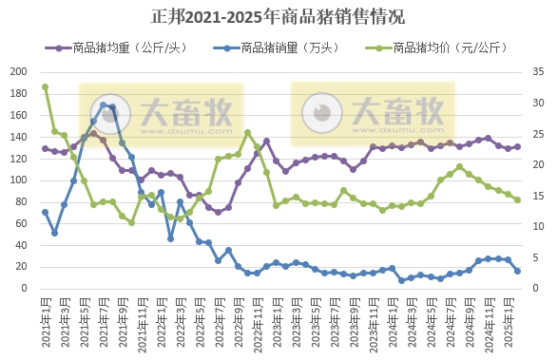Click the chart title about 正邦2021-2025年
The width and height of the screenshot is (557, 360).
278,16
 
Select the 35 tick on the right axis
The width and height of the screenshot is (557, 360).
536,71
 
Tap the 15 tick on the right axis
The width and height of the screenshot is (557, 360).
536,195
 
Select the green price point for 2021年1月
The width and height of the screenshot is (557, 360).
45,87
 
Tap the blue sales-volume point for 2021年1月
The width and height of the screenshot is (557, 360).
45,212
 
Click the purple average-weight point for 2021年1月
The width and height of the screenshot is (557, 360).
45,148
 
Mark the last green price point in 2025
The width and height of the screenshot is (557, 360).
517,199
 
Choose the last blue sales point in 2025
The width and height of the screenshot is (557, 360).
517,271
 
